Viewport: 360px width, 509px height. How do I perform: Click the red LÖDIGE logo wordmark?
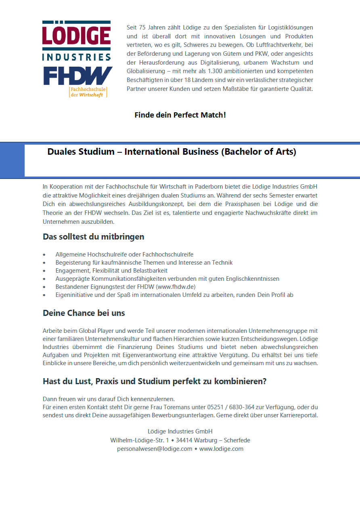76,36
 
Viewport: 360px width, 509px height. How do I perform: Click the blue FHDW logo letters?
77,76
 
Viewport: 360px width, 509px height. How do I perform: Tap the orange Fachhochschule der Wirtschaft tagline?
87,92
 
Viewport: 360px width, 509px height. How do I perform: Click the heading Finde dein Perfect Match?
180,115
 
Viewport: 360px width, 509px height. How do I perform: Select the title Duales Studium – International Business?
172,152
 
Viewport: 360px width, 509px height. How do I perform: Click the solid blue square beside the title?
12,160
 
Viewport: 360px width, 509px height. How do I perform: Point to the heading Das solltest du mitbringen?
93,237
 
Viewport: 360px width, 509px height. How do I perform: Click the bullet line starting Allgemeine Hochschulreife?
124,254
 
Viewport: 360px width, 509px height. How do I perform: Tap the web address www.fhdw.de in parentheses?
176,287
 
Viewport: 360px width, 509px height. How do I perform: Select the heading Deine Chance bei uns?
84,313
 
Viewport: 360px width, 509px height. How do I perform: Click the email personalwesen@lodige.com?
154,449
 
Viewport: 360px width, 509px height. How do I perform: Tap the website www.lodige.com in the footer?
221,449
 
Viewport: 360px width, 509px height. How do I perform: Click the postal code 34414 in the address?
184,440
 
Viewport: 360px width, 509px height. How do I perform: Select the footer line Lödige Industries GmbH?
180,431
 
